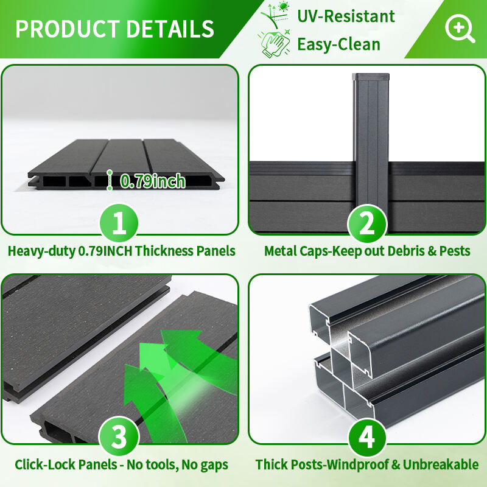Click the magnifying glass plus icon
tap(460, 28)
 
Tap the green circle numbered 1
tap(119, 223)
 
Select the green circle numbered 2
tap(367, 223)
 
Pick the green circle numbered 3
tap(119, 436)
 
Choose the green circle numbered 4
tap(367, 437)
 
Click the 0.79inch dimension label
tap(153, 181)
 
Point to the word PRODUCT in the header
tap(68, 29)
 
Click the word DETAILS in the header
tap(170, 29)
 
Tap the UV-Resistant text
tap(346, 16)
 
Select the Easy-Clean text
tap(338, 44)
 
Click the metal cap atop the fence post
tap(370, 77)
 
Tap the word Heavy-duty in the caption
tap(41, 251)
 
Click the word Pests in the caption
tap(455, 251)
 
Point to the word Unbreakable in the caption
tap(440, 464)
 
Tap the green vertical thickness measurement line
tap(110, 180)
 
